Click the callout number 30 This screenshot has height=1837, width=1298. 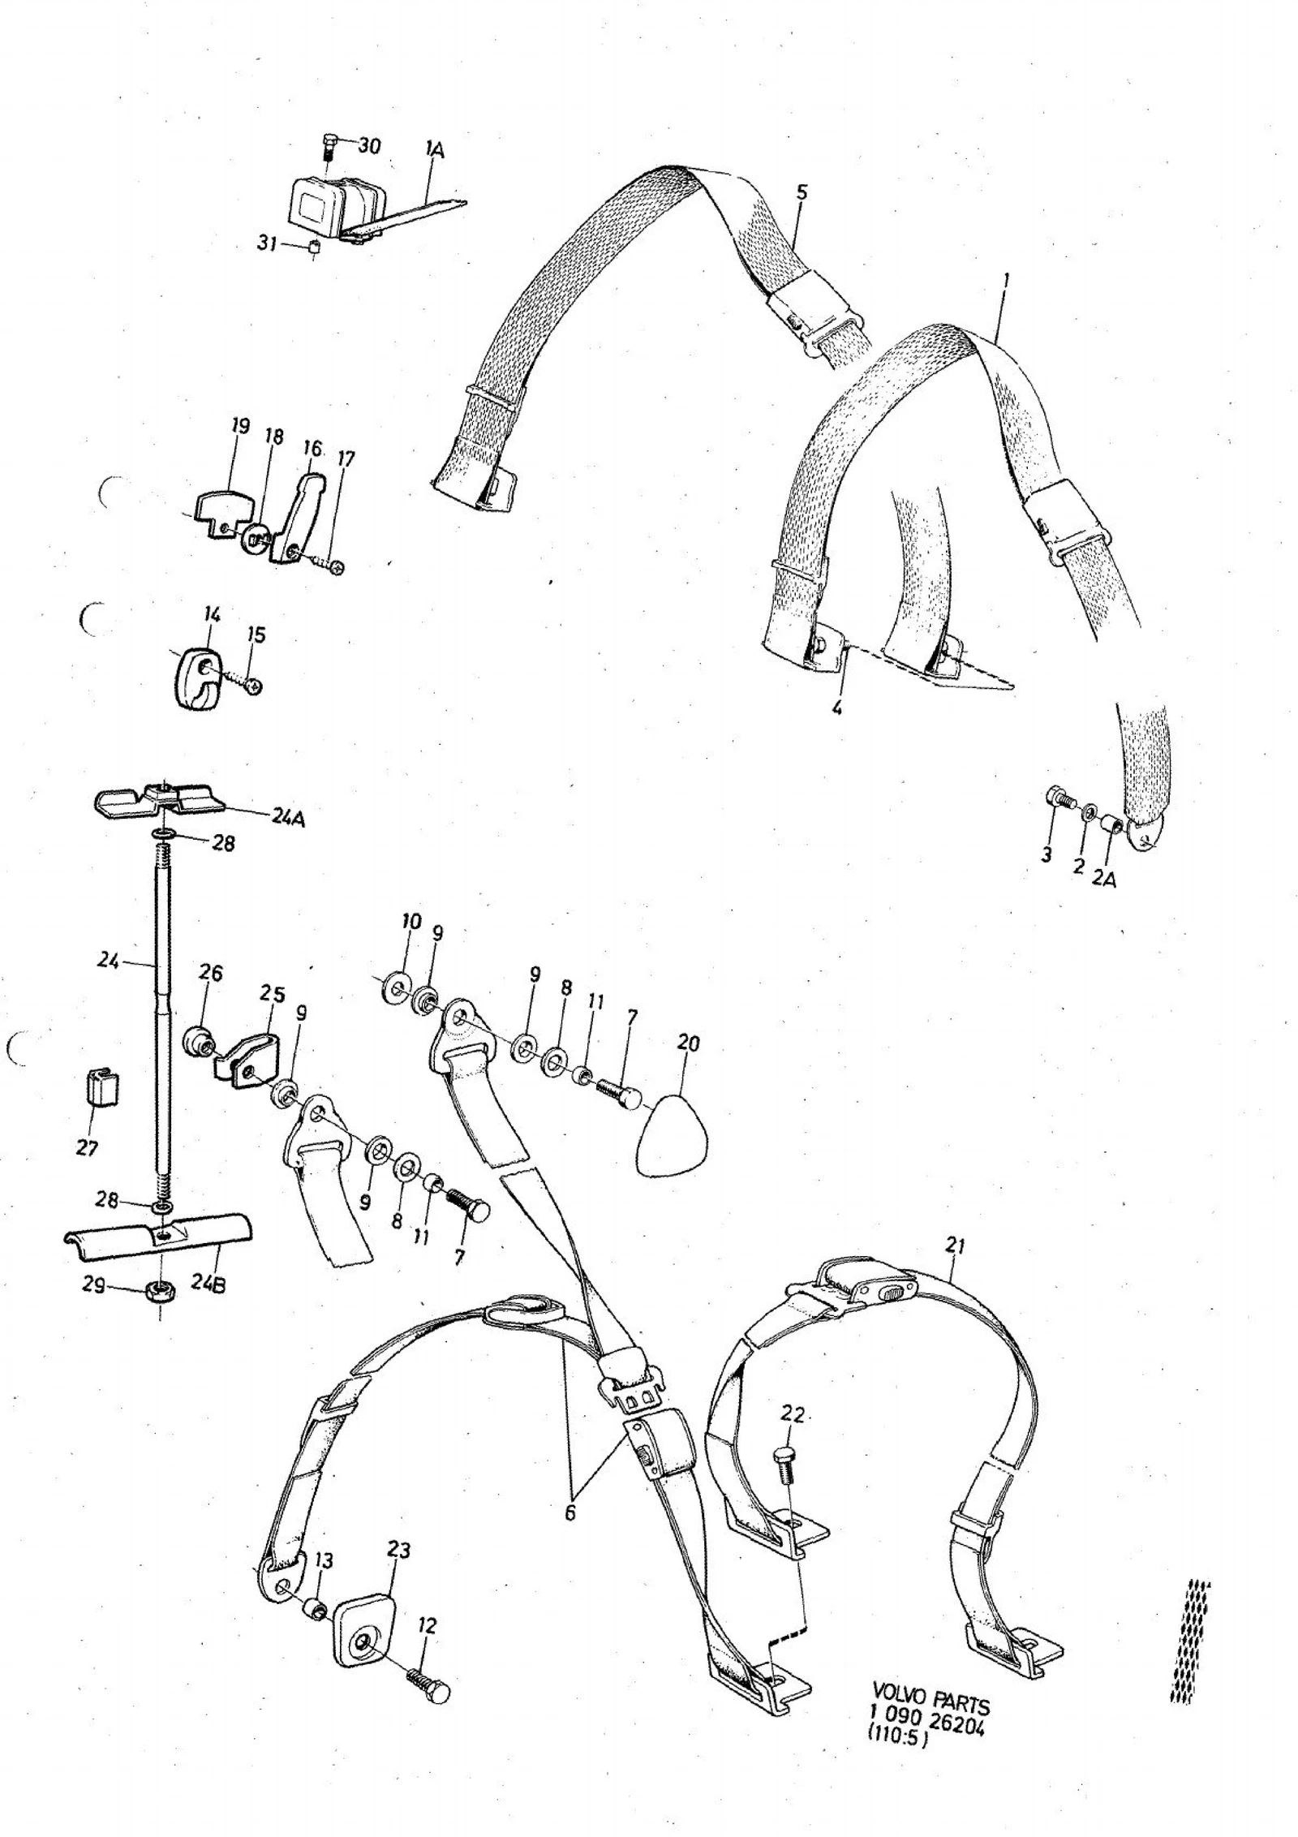click(368, 145)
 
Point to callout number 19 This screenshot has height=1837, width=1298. click(239, 427)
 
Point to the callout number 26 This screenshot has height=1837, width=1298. click(210, 972)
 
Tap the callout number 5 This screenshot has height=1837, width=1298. click(802, 192)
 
